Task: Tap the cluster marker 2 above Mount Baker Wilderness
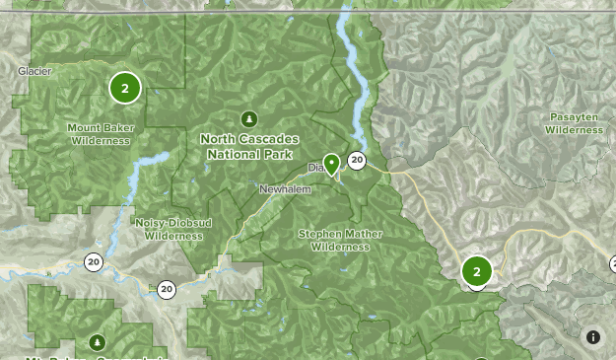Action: (x=125, y=88)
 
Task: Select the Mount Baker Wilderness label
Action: (x=100, y=134)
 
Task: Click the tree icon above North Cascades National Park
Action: (x=249, y=119)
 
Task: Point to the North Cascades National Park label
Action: (x=249, y=146)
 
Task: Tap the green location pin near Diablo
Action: (x=332, y=164)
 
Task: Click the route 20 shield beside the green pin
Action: (x=357, y=161)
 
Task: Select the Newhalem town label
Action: (x=285, y=188)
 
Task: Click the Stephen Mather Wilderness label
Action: (x=340, y=241)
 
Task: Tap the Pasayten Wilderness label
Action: (x=574, y=123)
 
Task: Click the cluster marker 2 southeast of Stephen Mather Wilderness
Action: (x=477, y=271)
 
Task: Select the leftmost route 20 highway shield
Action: (x=94, y=261)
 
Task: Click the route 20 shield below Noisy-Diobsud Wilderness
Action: (x=166, y=289)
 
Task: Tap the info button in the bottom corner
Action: (x=593, y=337)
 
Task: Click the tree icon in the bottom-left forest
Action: (x=97, y=342)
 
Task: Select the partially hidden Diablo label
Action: (x=315, y=169)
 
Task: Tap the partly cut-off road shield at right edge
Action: (x=612, y=263)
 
